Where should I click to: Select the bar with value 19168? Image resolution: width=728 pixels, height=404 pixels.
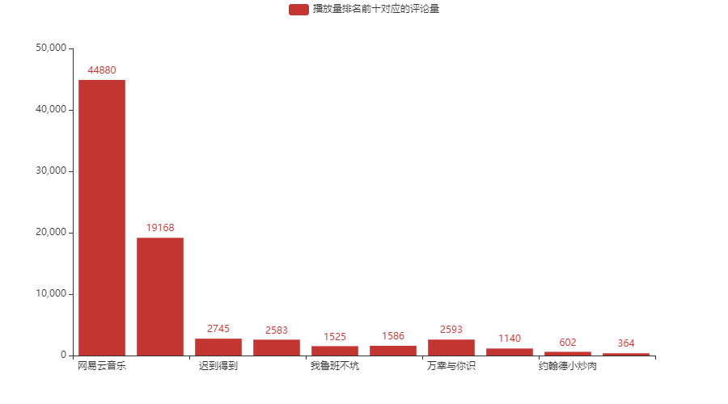[x=160, y=296]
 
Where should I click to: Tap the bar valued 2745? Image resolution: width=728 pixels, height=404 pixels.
[x=218, y=347]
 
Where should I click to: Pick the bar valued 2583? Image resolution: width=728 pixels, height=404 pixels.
[x=277, y=347]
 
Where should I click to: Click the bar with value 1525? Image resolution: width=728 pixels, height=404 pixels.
[x=335, y=351]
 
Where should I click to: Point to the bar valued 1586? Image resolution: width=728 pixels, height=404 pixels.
[x=393, y=350]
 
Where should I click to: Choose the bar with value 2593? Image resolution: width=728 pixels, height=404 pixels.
[x=451, y=347]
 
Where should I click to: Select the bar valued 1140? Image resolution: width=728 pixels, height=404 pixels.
[x=510, y=351]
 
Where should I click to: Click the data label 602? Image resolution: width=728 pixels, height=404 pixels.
[x=568, y=343]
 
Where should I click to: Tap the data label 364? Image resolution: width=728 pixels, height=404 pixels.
[x=626, y=343]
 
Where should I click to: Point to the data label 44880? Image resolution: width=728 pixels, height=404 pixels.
[x=102, y=70]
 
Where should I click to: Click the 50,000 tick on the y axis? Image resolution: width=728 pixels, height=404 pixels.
[x=51, y=48]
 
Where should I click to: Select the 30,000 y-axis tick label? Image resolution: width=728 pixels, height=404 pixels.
[x=51, y=171]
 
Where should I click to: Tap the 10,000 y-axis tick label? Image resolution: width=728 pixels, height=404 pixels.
[x=51, y=294]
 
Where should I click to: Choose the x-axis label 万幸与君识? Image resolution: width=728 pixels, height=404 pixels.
[x=451, y=367]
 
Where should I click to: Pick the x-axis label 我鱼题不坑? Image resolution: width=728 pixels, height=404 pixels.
[x=335, y=367]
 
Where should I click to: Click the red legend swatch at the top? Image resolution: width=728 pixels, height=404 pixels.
[x=298, y=10]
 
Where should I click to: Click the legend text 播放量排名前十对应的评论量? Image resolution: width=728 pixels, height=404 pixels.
[x=376, y=10]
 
